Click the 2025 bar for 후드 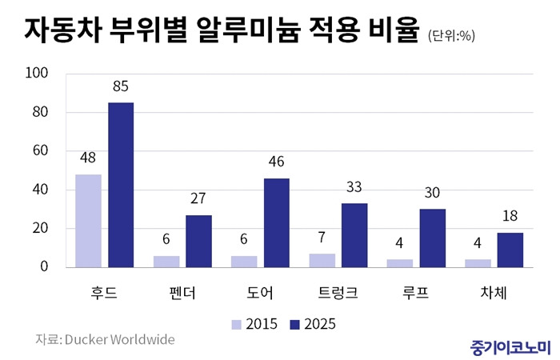pos(121,185)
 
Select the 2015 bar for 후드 pos(89,221)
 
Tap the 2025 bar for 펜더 pos(199,241)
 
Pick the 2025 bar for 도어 pos(277,222)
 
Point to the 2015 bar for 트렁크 pos(322,260)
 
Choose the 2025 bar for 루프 pos(433,238)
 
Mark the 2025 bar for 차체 pos(510,250)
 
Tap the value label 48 pos(89,159)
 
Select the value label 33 pos(354,188)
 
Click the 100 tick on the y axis pos(38,74)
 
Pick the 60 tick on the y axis pos(41,150)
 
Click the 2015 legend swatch pos(237,324)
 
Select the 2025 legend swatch pos(294,324)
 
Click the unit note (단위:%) pos(453,34)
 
